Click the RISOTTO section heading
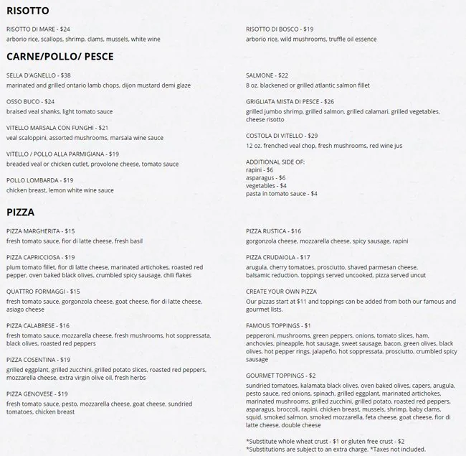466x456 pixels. click(x=28, y=11)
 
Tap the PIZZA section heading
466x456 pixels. click(x=21, y=213)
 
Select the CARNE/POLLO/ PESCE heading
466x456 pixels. click(x=60, y=56)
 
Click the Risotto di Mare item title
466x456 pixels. click(x=38, y=29)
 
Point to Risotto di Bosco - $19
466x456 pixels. click(x=280, y=29)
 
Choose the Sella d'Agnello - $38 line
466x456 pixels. click(x=39, y=75)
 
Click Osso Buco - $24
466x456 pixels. click(x=30, y=102)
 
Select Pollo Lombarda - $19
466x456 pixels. click(x=40, y=180)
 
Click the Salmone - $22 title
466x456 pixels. click(x=267, y=75)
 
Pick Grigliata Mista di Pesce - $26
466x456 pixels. click(x=290, y=102)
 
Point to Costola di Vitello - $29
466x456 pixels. click(x=282, y=136)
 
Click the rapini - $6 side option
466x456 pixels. click(x=260, y=169)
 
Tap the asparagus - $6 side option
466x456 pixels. click(x=265, y=177)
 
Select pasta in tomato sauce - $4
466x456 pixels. click(x=282, y=194)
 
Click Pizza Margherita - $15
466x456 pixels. click(x=41, y=231)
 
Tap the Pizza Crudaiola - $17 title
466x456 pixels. click(x=278, y=257)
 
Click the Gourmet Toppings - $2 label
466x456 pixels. click(x=281, y=376)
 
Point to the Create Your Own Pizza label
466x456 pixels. click(x=281, y=292)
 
